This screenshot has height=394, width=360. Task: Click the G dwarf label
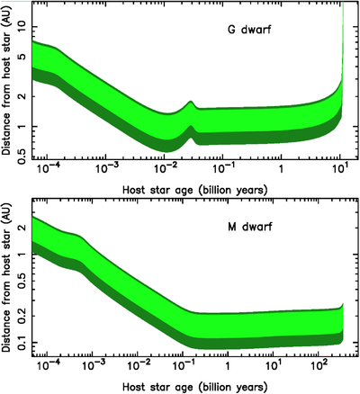(249, 30)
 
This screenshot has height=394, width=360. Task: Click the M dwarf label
(250, 227)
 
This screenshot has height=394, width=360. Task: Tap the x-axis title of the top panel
(195, 190)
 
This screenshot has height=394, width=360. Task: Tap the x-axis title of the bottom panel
(195, 386)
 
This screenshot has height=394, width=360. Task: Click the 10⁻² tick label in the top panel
(164, 170)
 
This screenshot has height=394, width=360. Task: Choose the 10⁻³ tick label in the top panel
(105, 170)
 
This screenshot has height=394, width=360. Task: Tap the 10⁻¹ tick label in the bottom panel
(182, 365)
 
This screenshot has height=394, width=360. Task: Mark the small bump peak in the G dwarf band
(190, 102)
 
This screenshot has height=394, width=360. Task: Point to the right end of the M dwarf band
(343, 324)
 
